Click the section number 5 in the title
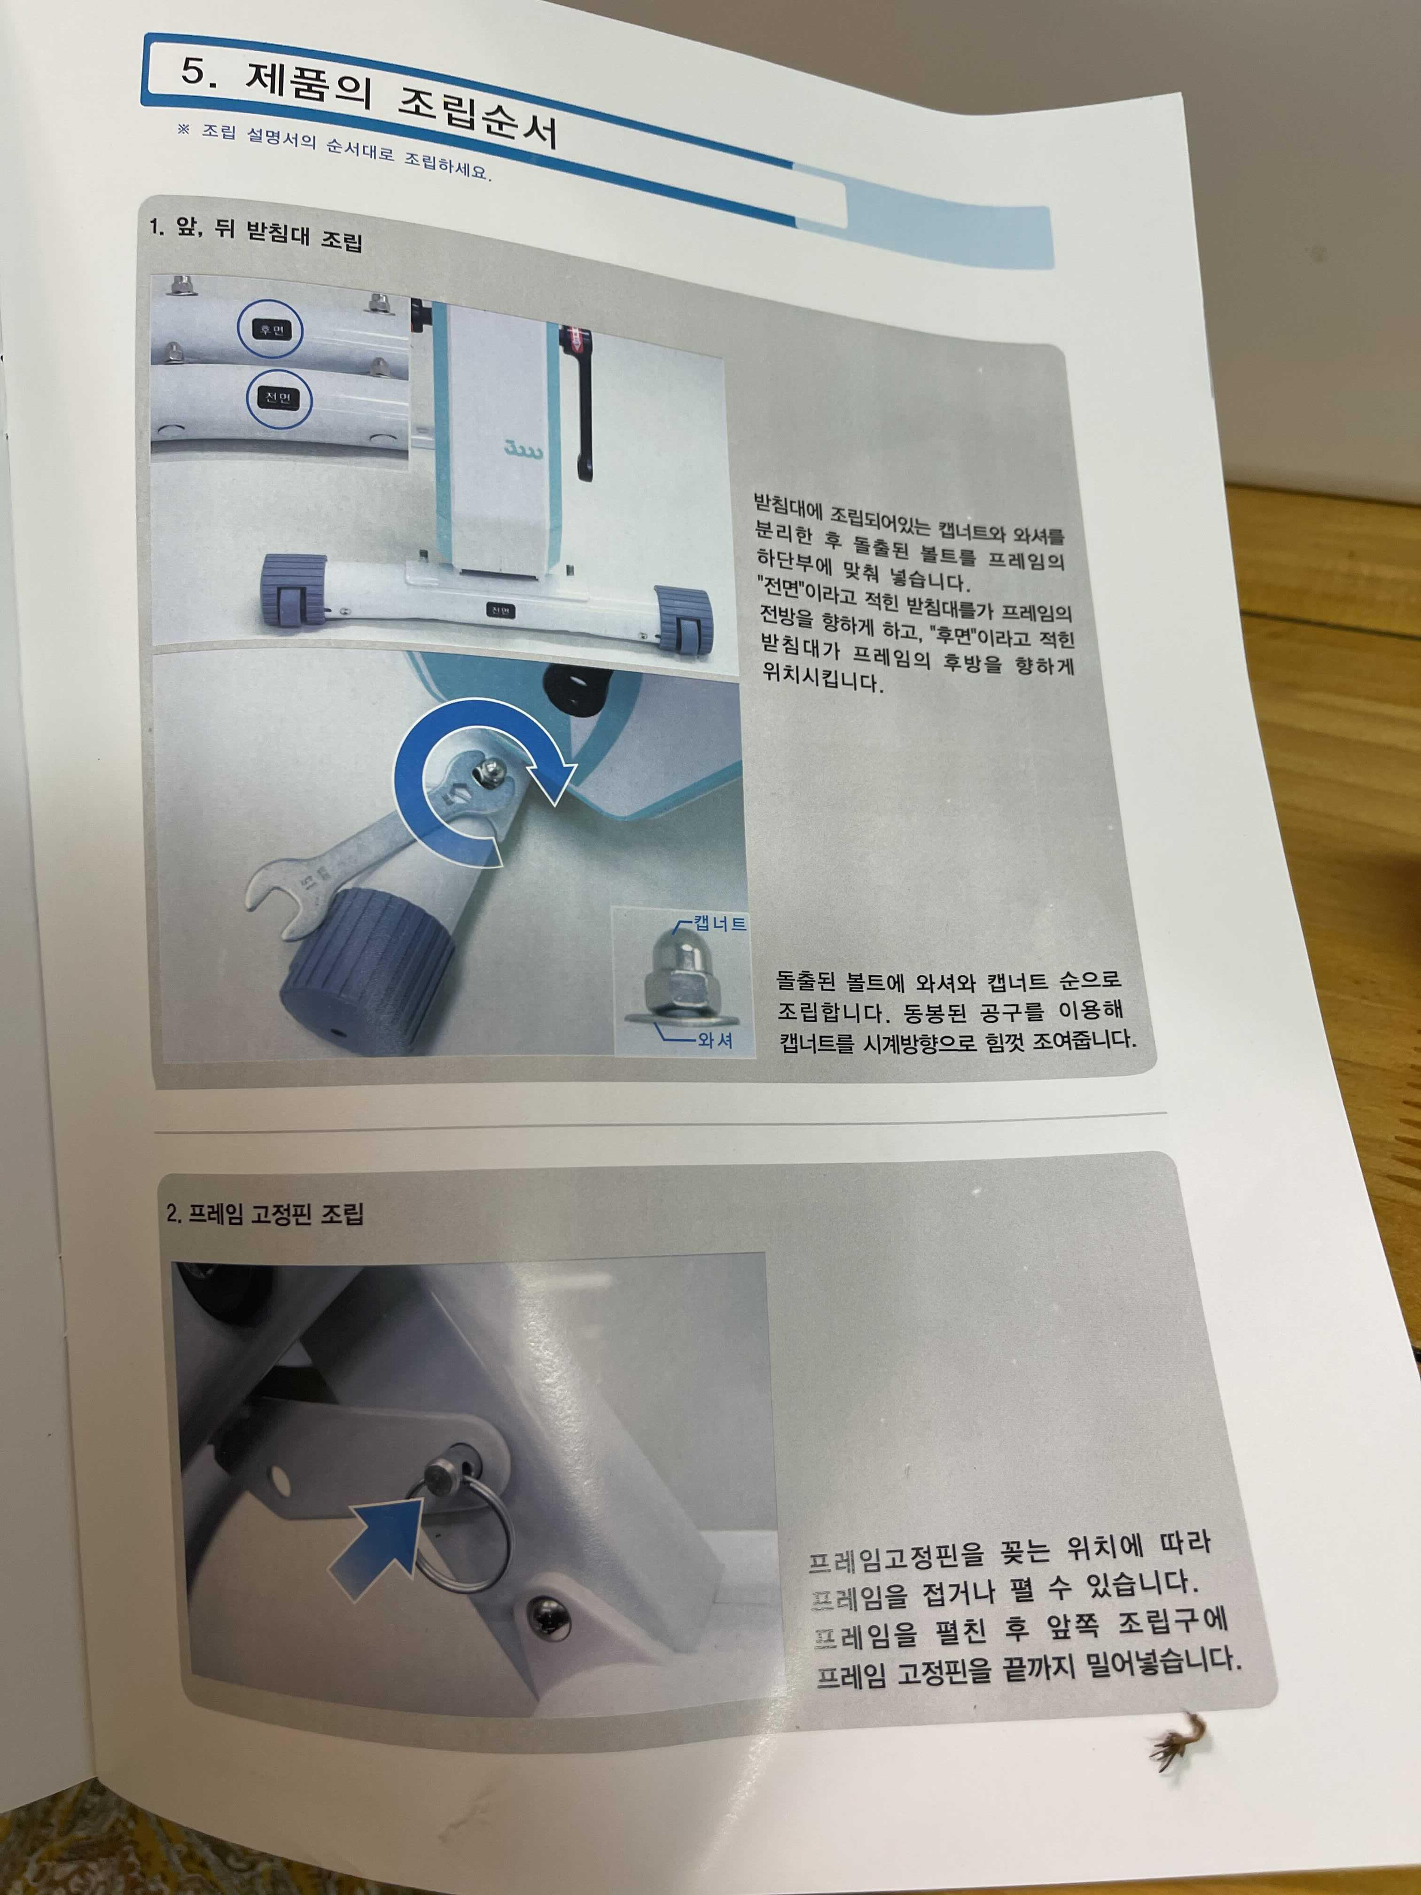click(x=195, y=70)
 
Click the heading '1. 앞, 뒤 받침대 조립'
click(x=255, y=232)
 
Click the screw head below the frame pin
click(x=547, y=1616)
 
